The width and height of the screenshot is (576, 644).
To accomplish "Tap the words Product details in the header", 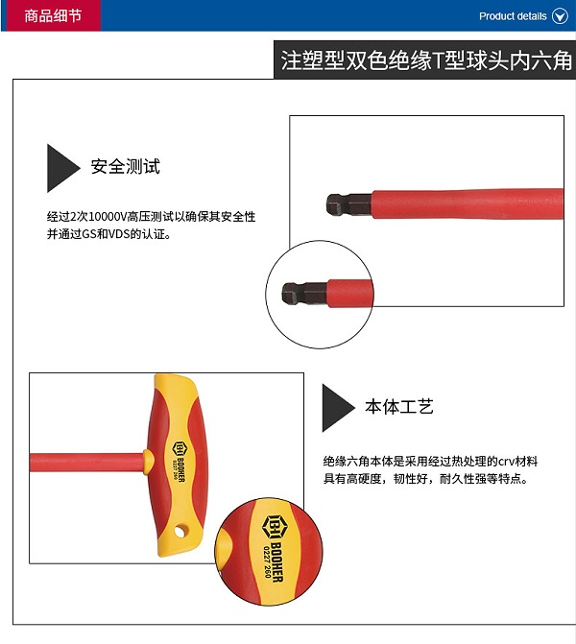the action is click(513, 16).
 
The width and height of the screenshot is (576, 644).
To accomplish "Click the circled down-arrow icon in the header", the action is click(560, 16).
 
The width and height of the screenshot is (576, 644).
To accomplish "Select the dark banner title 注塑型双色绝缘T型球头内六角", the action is click(426, 60).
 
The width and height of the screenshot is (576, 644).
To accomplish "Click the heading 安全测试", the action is click(126, 166).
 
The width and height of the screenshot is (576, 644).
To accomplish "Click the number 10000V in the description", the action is click(108, 217).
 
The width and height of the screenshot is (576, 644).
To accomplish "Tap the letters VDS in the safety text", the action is click(119, 234).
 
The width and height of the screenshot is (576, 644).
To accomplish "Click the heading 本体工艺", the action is click(399, 406).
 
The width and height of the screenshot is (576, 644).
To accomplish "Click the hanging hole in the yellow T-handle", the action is click(180, 532).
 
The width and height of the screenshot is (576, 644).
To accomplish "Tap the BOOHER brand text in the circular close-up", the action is click(276, 561).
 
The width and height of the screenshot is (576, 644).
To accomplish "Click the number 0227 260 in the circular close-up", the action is click(266, 561).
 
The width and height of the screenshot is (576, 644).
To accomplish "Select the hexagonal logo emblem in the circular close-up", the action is click(272, 526).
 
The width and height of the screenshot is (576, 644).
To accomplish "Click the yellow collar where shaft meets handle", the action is click(149, 461).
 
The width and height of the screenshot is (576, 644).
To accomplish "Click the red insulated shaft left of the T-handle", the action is click(86, 462).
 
